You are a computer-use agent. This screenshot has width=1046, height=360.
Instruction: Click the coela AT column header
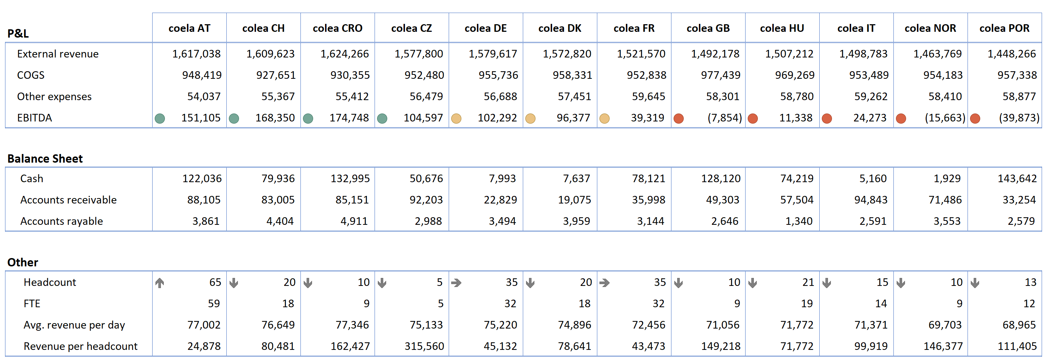189,28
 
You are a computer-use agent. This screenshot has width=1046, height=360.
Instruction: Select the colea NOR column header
930,28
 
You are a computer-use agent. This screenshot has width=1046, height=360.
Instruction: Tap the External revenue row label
57,54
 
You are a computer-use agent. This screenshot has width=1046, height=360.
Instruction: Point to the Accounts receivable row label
68,200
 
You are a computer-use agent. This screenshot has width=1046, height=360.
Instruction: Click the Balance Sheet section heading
45,159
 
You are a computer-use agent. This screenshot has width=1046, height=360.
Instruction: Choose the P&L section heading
18,33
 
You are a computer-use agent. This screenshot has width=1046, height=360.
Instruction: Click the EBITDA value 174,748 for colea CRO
349,118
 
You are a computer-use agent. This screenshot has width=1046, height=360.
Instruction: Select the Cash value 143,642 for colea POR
1017,179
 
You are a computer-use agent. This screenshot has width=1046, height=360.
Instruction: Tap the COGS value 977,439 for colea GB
720,75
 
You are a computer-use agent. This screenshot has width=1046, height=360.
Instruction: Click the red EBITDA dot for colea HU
752,119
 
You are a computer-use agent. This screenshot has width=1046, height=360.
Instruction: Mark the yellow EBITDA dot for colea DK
530,119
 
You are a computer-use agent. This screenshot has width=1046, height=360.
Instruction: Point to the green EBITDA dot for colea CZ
382,119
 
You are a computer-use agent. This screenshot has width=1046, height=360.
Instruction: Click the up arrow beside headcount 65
159,283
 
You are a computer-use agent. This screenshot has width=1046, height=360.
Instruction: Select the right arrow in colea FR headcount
604,283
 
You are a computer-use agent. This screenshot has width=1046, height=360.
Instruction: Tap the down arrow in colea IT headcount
827,283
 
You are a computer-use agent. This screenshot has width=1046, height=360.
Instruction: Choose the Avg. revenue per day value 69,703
945,325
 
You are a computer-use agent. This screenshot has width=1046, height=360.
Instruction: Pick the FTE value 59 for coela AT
214,304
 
